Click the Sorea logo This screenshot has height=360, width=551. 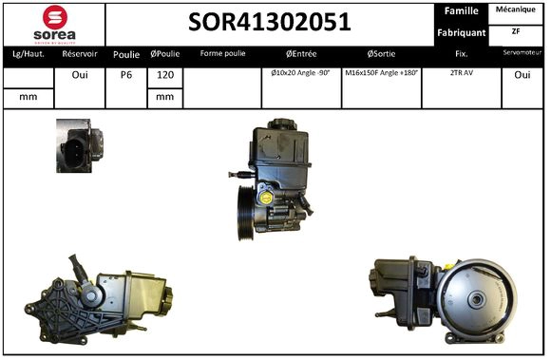54,24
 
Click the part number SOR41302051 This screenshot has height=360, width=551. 271,22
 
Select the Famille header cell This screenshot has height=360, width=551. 462,11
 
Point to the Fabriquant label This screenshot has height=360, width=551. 462,33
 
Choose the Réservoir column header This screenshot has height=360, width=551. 80,54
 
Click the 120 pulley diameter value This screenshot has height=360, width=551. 164,75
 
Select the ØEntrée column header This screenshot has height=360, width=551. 300,54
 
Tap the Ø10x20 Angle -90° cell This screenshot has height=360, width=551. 300,73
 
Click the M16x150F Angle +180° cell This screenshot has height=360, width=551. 381,73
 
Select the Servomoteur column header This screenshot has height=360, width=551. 522,54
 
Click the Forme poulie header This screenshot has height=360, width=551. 222,54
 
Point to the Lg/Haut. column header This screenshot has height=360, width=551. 28,54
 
